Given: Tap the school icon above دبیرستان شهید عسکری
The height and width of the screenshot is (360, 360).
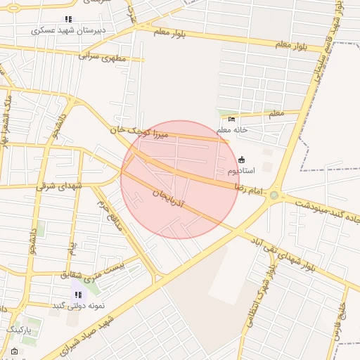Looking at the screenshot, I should click(67, 19).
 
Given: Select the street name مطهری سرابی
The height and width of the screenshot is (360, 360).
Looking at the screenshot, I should click(102, 56).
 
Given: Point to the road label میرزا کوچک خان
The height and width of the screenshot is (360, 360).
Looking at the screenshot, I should click(141, 131).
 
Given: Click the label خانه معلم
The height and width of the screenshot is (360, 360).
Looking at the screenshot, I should click(233, 130).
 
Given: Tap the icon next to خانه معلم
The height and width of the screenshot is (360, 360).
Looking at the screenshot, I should click(232, 119).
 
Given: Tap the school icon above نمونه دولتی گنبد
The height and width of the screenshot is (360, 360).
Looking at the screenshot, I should click(77, 295).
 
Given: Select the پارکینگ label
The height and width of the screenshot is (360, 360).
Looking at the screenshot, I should click(24, 328).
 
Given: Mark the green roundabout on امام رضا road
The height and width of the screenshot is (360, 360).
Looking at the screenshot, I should click(274, 195).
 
